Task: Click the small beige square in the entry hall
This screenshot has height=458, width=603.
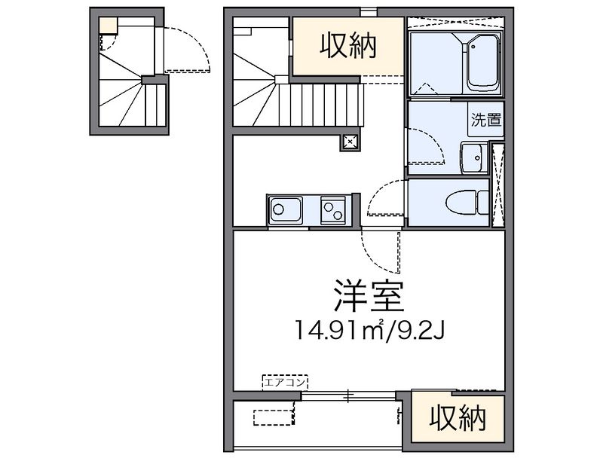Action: click(106, 24)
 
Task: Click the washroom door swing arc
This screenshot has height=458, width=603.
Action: click(426, 143)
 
